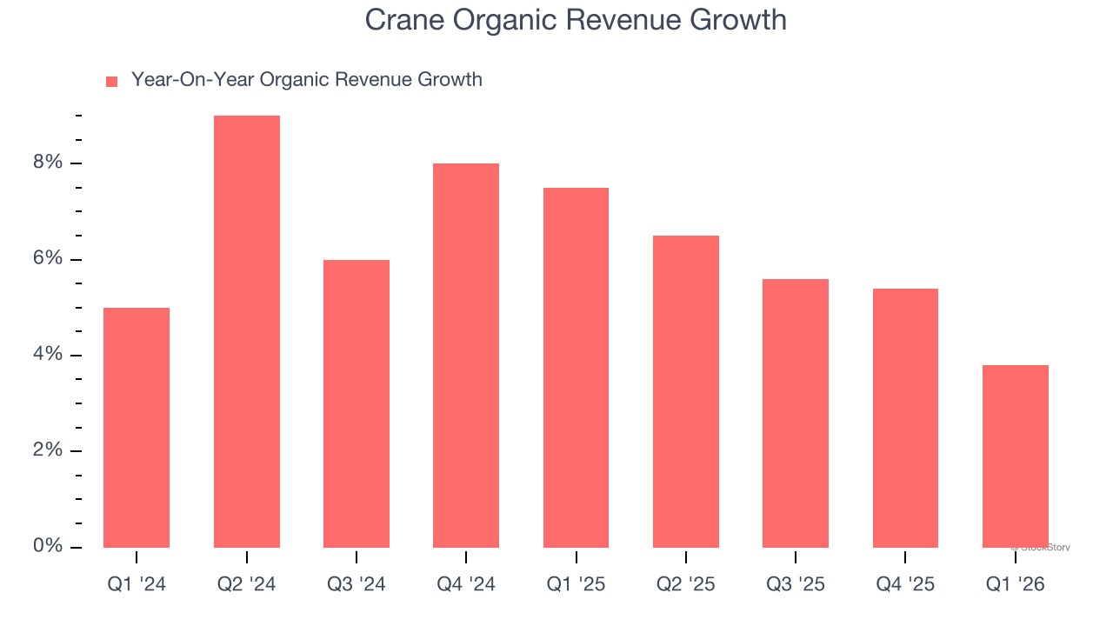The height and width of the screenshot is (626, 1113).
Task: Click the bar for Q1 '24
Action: click(137, 428)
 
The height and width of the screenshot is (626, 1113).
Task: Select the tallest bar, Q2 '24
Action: click(247, 331)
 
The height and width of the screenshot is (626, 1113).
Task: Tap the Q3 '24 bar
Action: click(357, 403)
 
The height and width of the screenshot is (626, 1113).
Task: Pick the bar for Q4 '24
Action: click(466, 356)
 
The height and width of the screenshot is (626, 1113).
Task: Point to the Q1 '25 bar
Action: click(576, 368)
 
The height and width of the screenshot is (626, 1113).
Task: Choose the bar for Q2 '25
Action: click(686, 391)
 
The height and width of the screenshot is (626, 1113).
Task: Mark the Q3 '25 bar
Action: click(796, 413)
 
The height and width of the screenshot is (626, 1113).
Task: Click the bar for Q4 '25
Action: click(905, 418)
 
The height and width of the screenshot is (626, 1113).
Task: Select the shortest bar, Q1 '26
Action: click(1016, 456)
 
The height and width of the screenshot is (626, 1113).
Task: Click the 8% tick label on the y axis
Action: click(49, 163)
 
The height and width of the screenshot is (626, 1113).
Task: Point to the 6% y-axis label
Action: click(49, 259)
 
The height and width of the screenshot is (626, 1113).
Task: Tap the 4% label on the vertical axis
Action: click(49, 355)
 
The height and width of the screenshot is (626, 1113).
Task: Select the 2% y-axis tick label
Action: click(49, 450)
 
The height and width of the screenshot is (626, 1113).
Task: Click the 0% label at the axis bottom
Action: click(49, 546)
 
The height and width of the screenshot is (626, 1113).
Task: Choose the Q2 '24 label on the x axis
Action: click(247, 584)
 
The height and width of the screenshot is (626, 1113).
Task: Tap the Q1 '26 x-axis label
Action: click(1016, 584)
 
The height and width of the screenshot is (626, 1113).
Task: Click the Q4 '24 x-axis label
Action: click(466, 584)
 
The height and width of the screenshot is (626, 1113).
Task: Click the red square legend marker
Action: click(111, 82)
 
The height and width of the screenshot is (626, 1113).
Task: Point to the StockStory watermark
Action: click(1042, 548)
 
